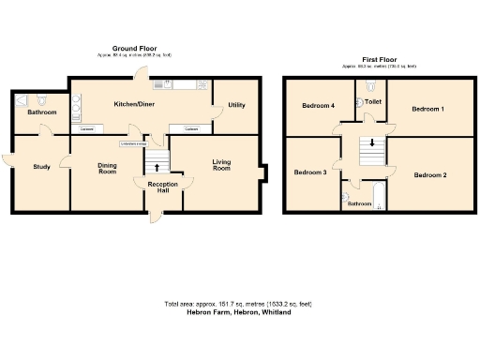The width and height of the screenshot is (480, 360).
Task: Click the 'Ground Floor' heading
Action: [x=133, y=49]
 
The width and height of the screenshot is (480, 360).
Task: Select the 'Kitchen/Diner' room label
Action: [x=134, y=104]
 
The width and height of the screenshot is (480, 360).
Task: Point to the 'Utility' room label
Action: [x=236, y=105]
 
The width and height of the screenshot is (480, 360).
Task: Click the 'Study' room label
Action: [x=41, y=167]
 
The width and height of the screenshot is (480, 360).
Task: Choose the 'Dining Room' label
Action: [x=108, y=168]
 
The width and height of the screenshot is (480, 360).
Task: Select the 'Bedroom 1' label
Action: [x=427, y=110]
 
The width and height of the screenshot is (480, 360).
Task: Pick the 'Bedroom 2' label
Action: [x=430, y=175]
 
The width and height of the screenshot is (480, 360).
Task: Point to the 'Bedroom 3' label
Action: [x=310, y=172]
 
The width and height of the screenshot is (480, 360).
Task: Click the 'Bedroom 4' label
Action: [x=319, y=106]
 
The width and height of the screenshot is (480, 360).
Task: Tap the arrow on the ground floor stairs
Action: [x=157, y=166]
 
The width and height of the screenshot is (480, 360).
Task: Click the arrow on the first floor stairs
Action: [x=372, y=143]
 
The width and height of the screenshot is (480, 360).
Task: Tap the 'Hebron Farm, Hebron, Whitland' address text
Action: [x=239, y=312]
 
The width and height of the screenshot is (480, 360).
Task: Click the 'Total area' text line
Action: [x=239, y=305]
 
